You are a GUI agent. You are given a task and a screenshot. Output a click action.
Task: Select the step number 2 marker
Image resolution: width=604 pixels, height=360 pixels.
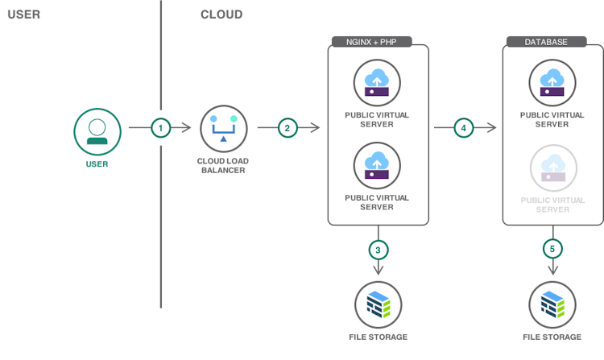[x=287, y=127]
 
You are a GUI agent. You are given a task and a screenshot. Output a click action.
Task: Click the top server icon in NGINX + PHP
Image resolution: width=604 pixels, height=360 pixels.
[x=377, y=82]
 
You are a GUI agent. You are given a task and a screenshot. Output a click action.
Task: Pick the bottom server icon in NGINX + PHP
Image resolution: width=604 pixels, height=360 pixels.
[x=377, y=165]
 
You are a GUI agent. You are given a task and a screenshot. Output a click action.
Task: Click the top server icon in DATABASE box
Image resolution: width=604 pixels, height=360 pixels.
[x=552, y=82]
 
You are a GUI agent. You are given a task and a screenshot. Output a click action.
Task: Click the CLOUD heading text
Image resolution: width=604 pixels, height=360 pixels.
[x=221, y=14]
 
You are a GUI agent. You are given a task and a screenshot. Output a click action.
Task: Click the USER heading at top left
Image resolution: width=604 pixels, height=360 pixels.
[x=23, y=14]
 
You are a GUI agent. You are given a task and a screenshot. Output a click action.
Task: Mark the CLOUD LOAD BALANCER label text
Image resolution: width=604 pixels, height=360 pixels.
[x=222, y=165]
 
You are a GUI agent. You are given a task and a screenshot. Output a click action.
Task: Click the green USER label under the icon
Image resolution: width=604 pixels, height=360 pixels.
[x=97, y=164]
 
